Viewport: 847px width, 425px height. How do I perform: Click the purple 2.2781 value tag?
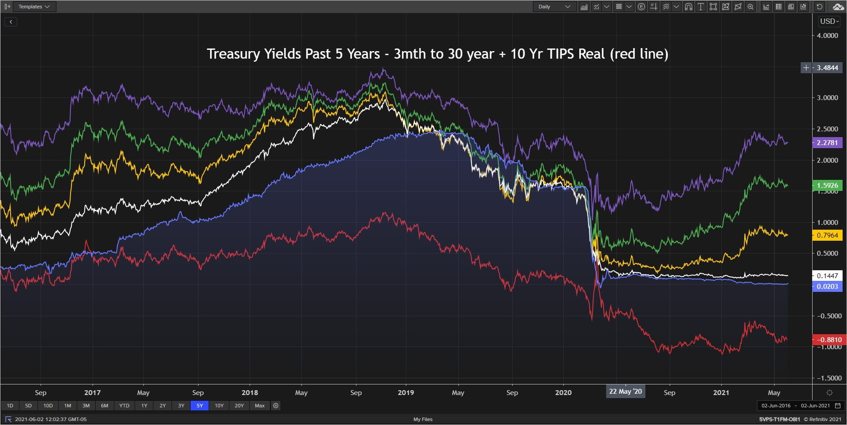tap(827, 143)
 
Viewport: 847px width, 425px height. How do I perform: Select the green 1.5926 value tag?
tap(827, 186)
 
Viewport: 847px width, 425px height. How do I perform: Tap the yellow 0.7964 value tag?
tap(827, 235)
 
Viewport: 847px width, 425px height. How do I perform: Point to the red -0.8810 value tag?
tap(829, 340)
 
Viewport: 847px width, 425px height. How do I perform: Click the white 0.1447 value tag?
tap(827, 276)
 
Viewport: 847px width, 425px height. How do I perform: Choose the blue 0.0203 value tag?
tap(827, 287)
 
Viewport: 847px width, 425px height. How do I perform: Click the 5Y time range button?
tap(199, 406)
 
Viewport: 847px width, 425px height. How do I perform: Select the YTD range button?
tap(124, 406)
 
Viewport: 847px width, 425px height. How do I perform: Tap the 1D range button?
tap(10, 406)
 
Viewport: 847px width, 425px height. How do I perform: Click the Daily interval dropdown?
tap(554, 7)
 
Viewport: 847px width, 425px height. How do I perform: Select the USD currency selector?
tap(829, 21)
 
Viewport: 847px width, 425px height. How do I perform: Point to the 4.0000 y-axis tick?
tap(827, 36)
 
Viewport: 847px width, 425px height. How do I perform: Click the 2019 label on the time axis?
tap(406, 393)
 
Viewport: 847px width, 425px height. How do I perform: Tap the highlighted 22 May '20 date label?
tap(626, 391)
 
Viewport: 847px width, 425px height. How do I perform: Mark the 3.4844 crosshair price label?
tap(827, 68)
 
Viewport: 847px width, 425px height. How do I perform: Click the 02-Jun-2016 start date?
tap(776, 406)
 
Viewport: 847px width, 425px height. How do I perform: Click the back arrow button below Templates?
tap(11, 22)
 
